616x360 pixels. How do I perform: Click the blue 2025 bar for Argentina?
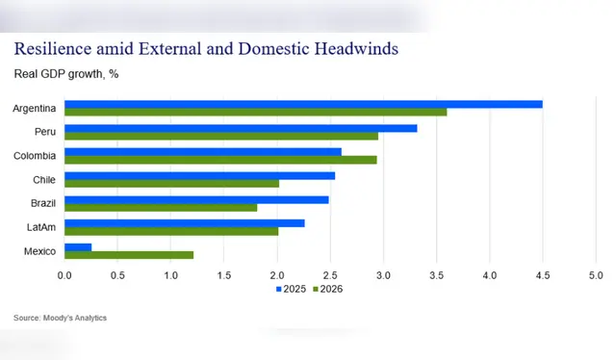pyautogui.click(x=303, y=104)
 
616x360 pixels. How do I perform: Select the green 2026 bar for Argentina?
pyautogui.click(x=255, y=112)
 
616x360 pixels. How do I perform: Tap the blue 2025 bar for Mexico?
pyautogui.click(x=78, y=247)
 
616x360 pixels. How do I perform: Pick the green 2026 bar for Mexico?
pyautogui.click(x=129, y=255)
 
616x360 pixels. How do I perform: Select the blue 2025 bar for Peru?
pyautogui.click(x=241, y=128)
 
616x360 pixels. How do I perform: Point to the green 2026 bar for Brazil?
pyautogui.click(x=161, y=207)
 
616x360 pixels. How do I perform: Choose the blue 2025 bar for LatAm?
pyautogui.click(x=184, y=223)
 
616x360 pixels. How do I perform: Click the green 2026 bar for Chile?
pyautogui.click(x=171, y=183)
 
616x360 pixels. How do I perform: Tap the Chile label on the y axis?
pyautogui.click(x=43, y=179)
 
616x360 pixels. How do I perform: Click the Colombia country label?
pyautogui.click(x=35, y=155)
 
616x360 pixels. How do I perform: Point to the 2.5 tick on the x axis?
pyautogui.click(x=330, y=275)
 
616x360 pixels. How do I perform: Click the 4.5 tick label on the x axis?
pyautogui.click(x=543, y=275)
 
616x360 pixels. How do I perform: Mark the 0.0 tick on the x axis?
pyautogui.click(x=64, y=275)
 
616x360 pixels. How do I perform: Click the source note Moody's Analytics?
pyautogui.click(x=60, y=318)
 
